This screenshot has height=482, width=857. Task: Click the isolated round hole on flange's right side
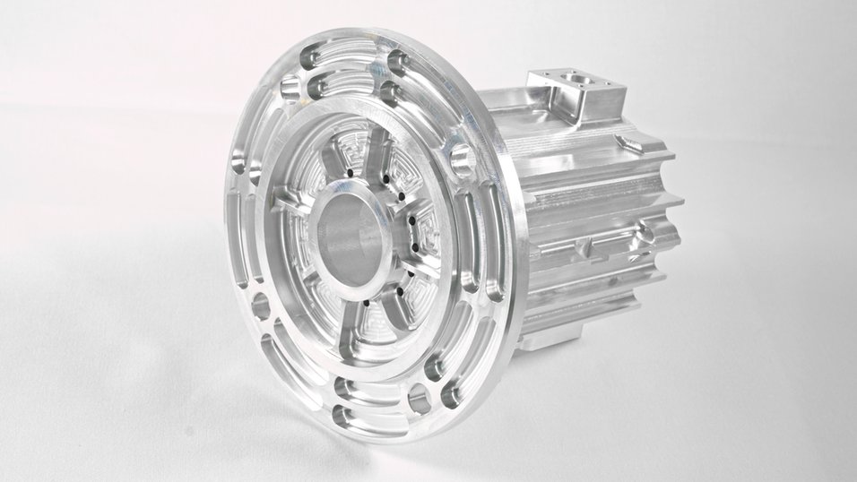[x=461, y=159]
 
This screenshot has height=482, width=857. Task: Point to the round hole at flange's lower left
[x=261, y=306]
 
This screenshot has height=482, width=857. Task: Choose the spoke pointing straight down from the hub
[x=376, y=314]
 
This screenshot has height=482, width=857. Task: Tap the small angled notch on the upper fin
[x=631, y=143]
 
